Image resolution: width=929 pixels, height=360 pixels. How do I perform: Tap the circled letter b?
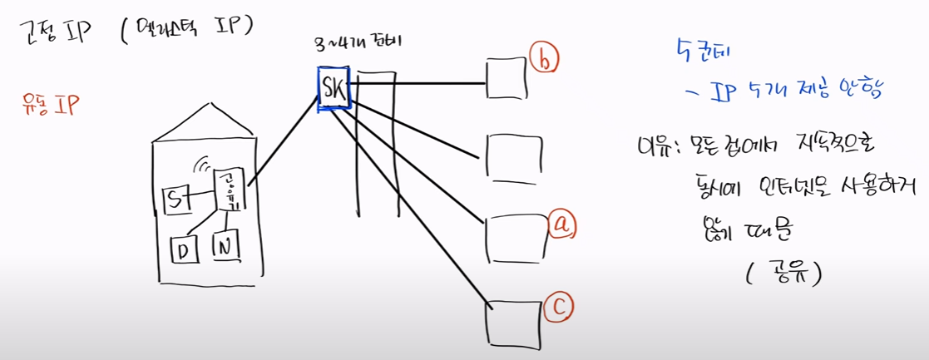click(545, 60)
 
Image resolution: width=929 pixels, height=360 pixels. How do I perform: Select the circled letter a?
click(562, 223)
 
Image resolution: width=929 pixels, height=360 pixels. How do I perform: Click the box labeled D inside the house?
click(182, 249)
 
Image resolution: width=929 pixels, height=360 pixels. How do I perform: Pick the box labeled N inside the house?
click(225, 245)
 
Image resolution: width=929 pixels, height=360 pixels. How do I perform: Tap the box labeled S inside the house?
click(177, 200)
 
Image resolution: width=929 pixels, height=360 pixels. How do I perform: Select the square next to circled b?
click(507, 81)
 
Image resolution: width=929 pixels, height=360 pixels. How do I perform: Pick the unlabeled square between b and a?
click(508, 157)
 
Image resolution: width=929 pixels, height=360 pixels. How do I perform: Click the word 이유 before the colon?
click(648, 147)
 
